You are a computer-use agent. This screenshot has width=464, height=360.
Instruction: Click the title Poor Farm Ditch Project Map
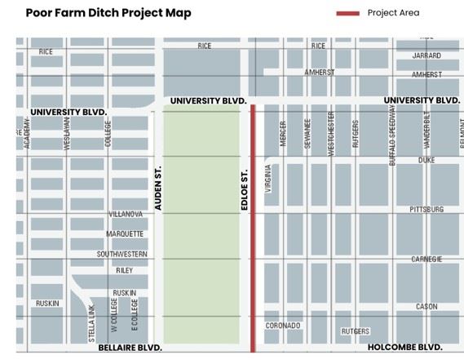coord(108,13)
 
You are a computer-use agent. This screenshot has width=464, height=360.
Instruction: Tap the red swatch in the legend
coord(347,13)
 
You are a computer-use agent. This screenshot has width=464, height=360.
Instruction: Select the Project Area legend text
coord(393,13)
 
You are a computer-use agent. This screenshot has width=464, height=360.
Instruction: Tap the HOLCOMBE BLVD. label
coord(405,346)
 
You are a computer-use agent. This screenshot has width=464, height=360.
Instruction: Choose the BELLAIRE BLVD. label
coord(130,347)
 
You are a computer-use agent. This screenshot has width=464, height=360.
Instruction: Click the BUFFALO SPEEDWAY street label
coord(392,136)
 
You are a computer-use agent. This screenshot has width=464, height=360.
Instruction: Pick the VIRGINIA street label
coord(268,177)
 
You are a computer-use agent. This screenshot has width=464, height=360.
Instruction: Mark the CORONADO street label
coord(283,326)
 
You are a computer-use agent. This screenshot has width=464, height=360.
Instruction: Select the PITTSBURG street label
coord(426,210)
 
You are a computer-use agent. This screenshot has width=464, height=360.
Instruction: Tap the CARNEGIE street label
coord(427,259)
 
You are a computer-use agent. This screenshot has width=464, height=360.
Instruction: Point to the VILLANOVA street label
coord(126,214)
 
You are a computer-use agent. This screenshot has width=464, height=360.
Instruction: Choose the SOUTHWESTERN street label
coord(122,254)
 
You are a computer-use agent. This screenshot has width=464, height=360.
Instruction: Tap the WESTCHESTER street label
coord(331,133)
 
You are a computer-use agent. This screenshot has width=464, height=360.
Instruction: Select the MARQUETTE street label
coord(125,234)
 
